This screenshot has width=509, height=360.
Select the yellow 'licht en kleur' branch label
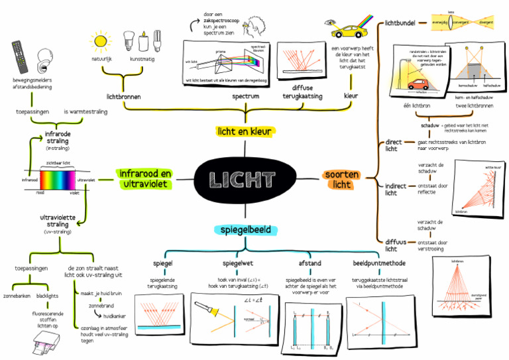click(244, 131)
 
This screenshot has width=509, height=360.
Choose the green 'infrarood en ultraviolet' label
click(144, 178)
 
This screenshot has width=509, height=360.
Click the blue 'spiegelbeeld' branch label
click(244, 229)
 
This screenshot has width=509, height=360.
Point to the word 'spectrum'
click(245, 96)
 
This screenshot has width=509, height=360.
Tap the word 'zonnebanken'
click(18, 294)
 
